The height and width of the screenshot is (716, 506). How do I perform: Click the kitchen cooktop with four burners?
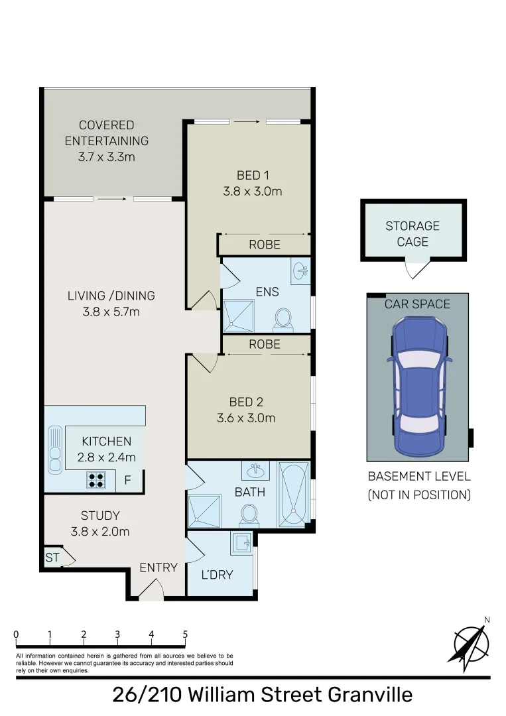(96, 480)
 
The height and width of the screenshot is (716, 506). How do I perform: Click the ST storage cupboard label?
(52, 558)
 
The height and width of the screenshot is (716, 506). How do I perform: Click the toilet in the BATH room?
(249, 513)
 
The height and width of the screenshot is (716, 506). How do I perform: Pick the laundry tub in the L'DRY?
(241, 544)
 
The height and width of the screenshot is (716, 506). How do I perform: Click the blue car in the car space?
(418, 387)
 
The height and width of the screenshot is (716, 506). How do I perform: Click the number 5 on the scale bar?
(185, 634)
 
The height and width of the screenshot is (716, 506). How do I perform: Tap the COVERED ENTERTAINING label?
(106, 133)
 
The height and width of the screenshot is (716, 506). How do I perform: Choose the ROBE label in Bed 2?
(265, 344)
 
